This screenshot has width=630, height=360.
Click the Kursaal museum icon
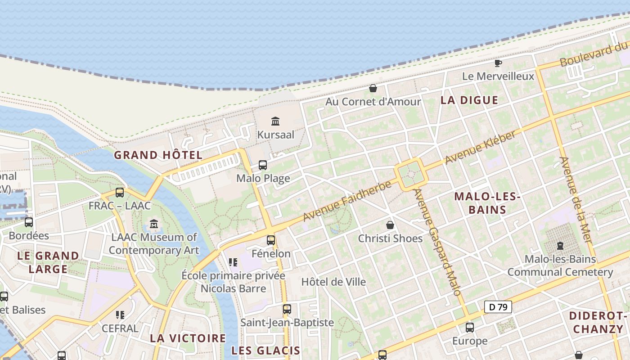[x=275, y=121]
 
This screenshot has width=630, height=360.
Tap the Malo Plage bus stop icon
[x=263, y=165]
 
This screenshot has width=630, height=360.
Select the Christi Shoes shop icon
[x=390, y=225]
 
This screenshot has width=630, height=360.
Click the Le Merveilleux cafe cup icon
[x=498, y=63]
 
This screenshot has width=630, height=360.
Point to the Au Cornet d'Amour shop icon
[x=373, y=88]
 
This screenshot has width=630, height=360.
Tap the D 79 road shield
[x=498, y=307]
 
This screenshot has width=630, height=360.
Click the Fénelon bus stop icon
[x=270, y=240]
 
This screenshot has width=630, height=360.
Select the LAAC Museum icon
[x=154, y=224]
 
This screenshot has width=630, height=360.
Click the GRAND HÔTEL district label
[x=158, y=155]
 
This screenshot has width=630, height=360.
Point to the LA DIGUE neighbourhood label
[x=469, y=100]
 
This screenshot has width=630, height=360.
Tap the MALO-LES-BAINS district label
[x=487, y=203]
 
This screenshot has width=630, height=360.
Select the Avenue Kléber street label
[x=480, y=147]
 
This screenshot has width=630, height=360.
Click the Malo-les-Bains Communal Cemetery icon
[x=560, y=246]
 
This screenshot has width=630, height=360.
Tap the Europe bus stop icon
[x=470, y=327]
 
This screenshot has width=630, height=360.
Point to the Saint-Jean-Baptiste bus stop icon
[x=287, y=309]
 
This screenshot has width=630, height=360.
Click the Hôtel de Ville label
[x=333, y=282]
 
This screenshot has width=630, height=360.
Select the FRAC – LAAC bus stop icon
[x=120, y=193]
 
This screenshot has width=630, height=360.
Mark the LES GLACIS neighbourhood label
[x=265, y=351]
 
